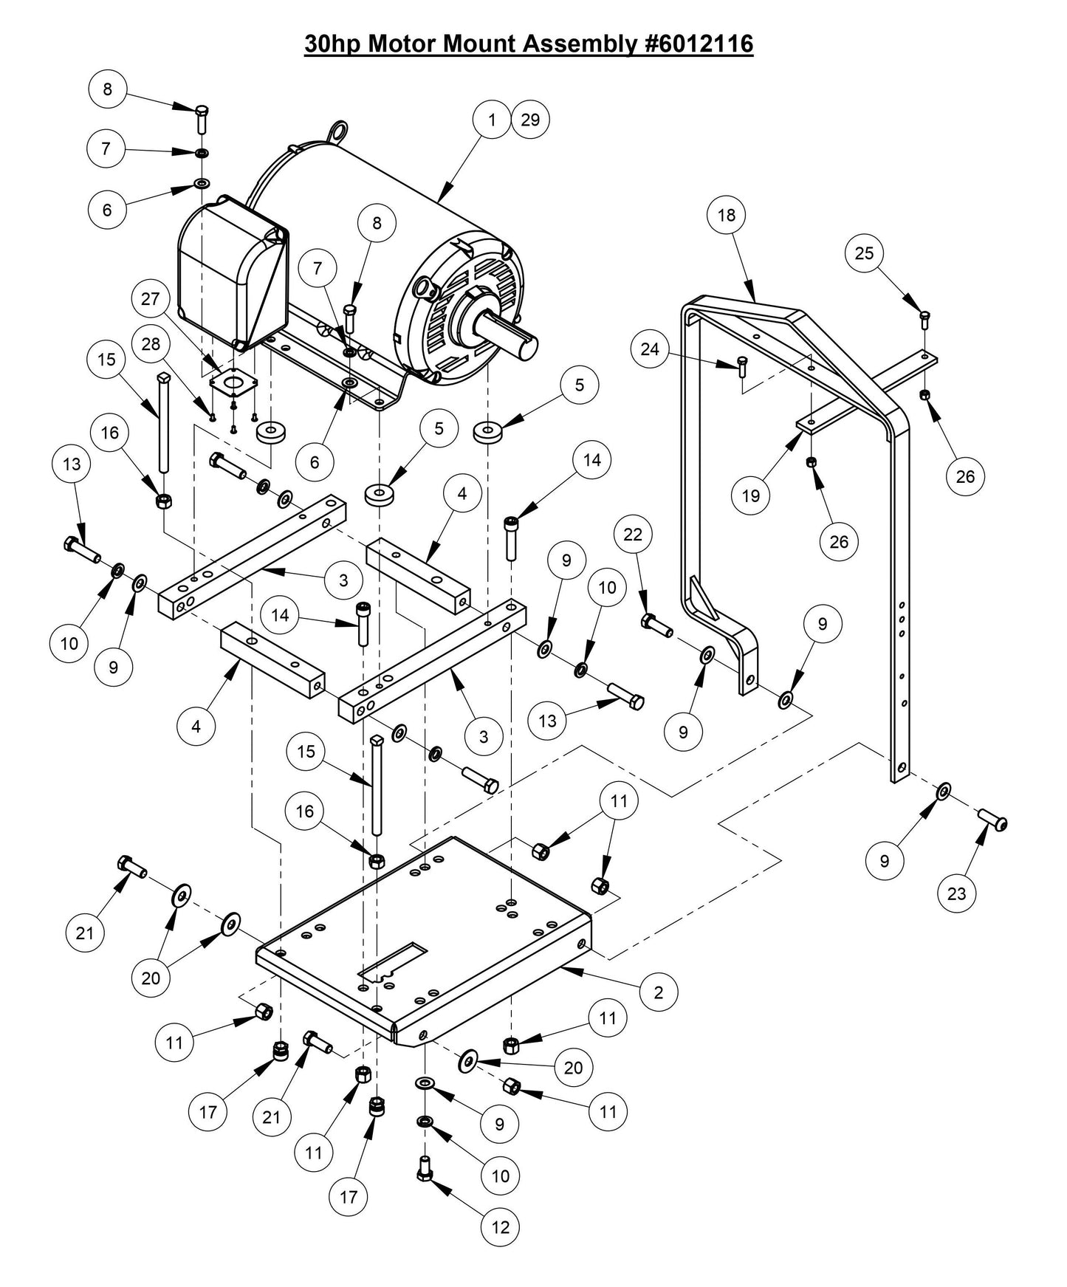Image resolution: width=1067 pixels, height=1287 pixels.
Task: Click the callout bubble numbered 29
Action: [x=530, y=120]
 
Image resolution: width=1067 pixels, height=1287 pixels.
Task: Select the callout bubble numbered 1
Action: [x=492, y=120]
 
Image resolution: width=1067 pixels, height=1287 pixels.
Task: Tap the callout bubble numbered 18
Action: [x=726, y=215]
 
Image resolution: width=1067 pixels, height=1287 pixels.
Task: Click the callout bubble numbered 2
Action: [x=658, y=992]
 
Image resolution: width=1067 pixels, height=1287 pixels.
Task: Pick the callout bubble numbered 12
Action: [x=500, y=1227]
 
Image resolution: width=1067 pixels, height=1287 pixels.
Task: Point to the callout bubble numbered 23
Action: [x=956, y=894]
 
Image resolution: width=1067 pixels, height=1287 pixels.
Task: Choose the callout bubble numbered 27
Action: [x=151, y=299]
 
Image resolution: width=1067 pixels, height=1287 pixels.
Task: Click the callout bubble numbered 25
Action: [x=864, y=253]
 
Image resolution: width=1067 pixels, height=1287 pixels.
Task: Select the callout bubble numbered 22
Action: [x=633, y=535]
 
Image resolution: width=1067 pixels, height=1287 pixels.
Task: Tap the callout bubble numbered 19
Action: [x=750, y=495]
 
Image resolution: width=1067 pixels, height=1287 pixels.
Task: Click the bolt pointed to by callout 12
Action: [x=425, y=1167]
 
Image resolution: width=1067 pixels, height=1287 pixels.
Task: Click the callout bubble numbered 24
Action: [x=649, y=349]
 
